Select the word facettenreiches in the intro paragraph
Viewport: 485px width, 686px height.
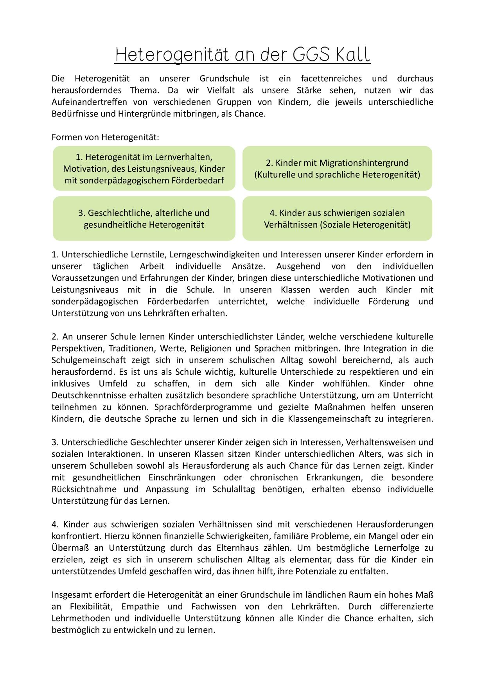coord(331,79)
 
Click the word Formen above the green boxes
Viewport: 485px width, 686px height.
coord(64,137)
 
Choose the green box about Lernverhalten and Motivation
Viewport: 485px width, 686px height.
coord(144,169)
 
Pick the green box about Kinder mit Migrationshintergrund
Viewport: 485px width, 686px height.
coord(337,169)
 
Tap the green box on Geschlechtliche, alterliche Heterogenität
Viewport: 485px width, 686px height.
coord(144,219)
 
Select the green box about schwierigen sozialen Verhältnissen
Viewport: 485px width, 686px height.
coord(337,219)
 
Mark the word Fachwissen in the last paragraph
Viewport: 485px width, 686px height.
coord(214,607)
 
